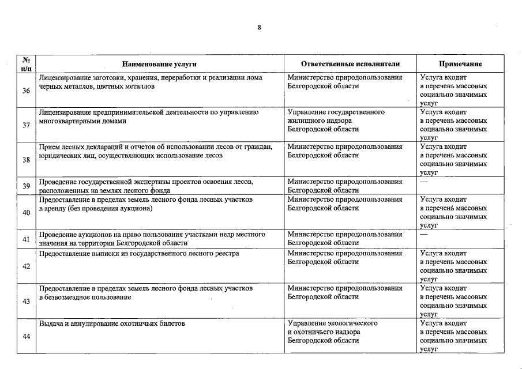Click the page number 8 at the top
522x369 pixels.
tap(260, 27)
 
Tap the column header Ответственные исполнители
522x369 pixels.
tap(350, 64)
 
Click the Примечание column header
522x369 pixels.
tap(460, 64)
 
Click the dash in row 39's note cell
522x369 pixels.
tap(425, 182)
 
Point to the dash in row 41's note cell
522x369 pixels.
tap(425, 235)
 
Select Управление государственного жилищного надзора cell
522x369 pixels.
tap(336, 121)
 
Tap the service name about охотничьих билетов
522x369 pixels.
tap(111, 324)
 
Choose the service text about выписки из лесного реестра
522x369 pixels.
tap(138, 253)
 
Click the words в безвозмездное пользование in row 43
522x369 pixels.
tap(85, 297)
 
